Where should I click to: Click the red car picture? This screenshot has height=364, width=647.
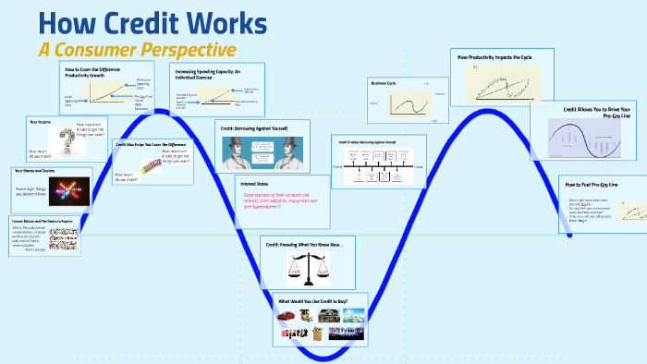(x=286, y=317)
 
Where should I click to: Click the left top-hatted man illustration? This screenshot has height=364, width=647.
(x=234, y=152)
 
